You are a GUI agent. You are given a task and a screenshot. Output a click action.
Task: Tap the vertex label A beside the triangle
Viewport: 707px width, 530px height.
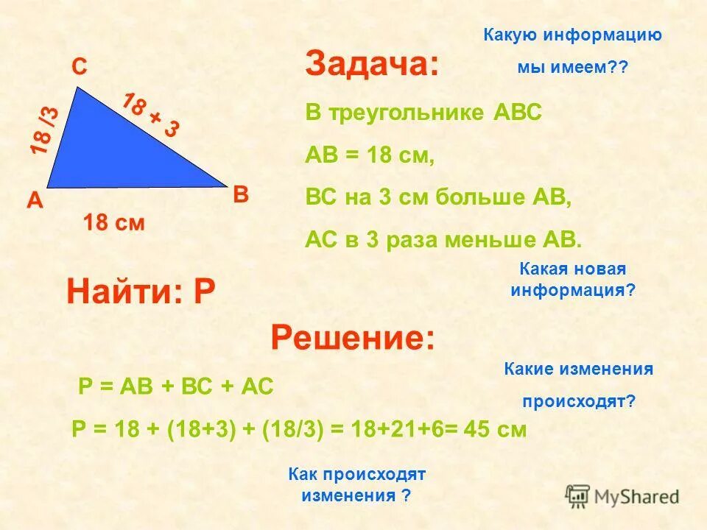(x=34, y=200)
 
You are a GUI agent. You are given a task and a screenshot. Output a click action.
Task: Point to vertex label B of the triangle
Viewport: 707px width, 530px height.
(x=240, y=195)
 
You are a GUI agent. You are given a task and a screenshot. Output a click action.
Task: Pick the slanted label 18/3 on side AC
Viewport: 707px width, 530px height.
(x=44, y=130)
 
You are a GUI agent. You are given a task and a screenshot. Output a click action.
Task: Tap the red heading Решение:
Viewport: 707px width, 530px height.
(x=353, y=339)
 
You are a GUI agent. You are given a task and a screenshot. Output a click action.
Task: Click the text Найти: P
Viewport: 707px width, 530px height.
(x=141, y=293)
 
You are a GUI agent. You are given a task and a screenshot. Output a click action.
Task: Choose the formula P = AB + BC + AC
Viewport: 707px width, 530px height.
(x=175, y=386)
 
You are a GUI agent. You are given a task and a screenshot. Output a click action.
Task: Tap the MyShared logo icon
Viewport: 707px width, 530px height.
(x=577, y=495)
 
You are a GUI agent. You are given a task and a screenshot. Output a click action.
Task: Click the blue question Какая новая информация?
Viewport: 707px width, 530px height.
(x=572, y=279)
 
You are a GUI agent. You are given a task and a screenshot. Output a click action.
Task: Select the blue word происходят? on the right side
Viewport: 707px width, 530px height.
(x=579, y=402)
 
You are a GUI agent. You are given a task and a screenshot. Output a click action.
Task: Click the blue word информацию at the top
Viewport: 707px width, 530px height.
(x=602, y=35)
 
